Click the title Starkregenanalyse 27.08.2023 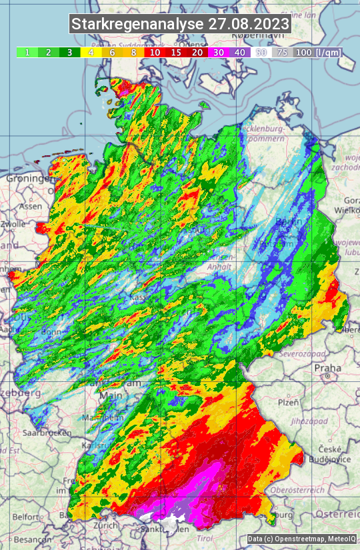[180, 25]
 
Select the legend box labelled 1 [27, 52]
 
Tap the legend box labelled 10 [155, 52]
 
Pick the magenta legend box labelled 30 [219, 52]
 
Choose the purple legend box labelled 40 [240, 52]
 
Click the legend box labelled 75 [283, 52]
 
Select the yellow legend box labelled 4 [91, 52]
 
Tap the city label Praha [328, 367]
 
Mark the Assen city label [29, 207]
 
